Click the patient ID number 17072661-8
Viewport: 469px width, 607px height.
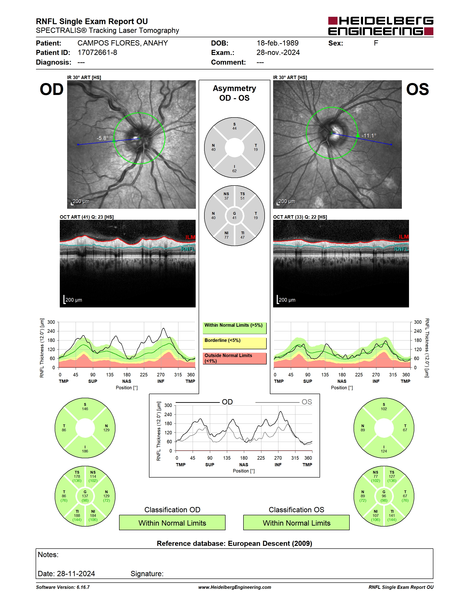click(97, 52)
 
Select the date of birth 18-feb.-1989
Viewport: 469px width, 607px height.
click(277, 43)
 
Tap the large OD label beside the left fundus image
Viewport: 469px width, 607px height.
click(52, 89)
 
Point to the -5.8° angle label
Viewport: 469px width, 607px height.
click(103, 138)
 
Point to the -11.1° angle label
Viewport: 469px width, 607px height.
click(369, 136)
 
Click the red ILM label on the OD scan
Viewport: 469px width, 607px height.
click(190, 237)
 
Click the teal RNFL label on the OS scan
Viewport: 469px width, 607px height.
click(401, 249)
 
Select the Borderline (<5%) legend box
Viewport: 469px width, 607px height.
click(234, 343)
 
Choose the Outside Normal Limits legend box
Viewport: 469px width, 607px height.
click(234, 358)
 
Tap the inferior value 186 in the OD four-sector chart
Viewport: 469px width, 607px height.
click(85, 451)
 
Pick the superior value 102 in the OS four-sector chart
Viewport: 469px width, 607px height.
click(384, 409)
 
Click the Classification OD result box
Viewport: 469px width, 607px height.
click(172, 523)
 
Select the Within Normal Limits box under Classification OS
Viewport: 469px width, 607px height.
click(297, 523)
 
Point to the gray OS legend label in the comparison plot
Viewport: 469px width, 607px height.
click(307, 402)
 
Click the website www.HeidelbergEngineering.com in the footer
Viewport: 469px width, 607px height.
click(234, 587)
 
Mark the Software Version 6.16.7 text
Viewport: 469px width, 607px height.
click(63, 587)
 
